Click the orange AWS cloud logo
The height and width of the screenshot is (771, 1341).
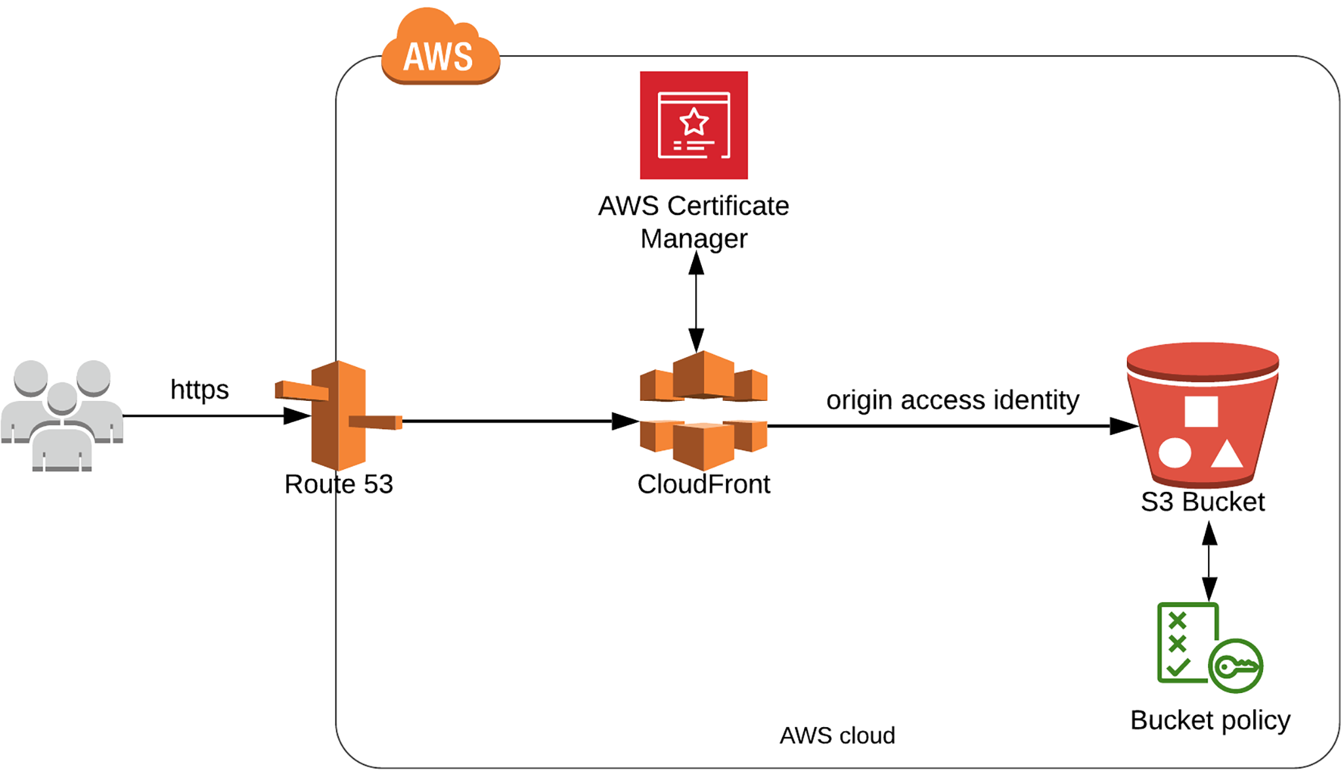[x=440, y=49]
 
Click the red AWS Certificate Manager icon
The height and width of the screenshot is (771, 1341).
[x=693, y=125]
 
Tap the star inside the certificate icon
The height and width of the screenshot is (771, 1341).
[x=693, y=122]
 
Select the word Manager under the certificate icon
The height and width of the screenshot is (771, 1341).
[x=693, y=238]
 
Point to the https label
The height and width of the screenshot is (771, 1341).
[x=199, y=390]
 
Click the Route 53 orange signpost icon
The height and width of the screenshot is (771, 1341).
[x=338, y=415]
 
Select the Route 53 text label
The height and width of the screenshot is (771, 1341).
[x=339, y=484]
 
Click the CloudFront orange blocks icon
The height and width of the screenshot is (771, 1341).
[x=703, y=411]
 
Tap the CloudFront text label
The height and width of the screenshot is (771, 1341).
[x=703, y=484]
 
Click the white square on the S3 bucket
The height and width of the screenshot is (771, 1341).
[x=1201, y=411]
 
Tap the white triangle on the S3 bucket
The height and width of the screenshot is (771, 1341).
[x=1226, y=454]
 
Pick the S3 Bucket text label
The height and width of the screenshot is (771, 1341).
[x=1202, y=502]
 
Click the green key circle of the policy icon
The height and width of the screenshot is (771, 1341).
[x=1236, y=666]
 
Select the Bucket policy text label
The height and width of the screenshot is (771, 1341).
[x=1210, y=720]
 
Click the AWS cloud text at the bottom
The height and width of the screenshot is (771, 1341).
[x=837, y=736]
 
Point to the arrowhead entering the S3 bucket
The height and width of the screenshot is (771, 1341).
[x=1124, y=426]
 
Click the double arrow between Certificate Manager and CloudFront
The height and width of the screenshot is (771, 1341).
[x=696, y=301]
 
